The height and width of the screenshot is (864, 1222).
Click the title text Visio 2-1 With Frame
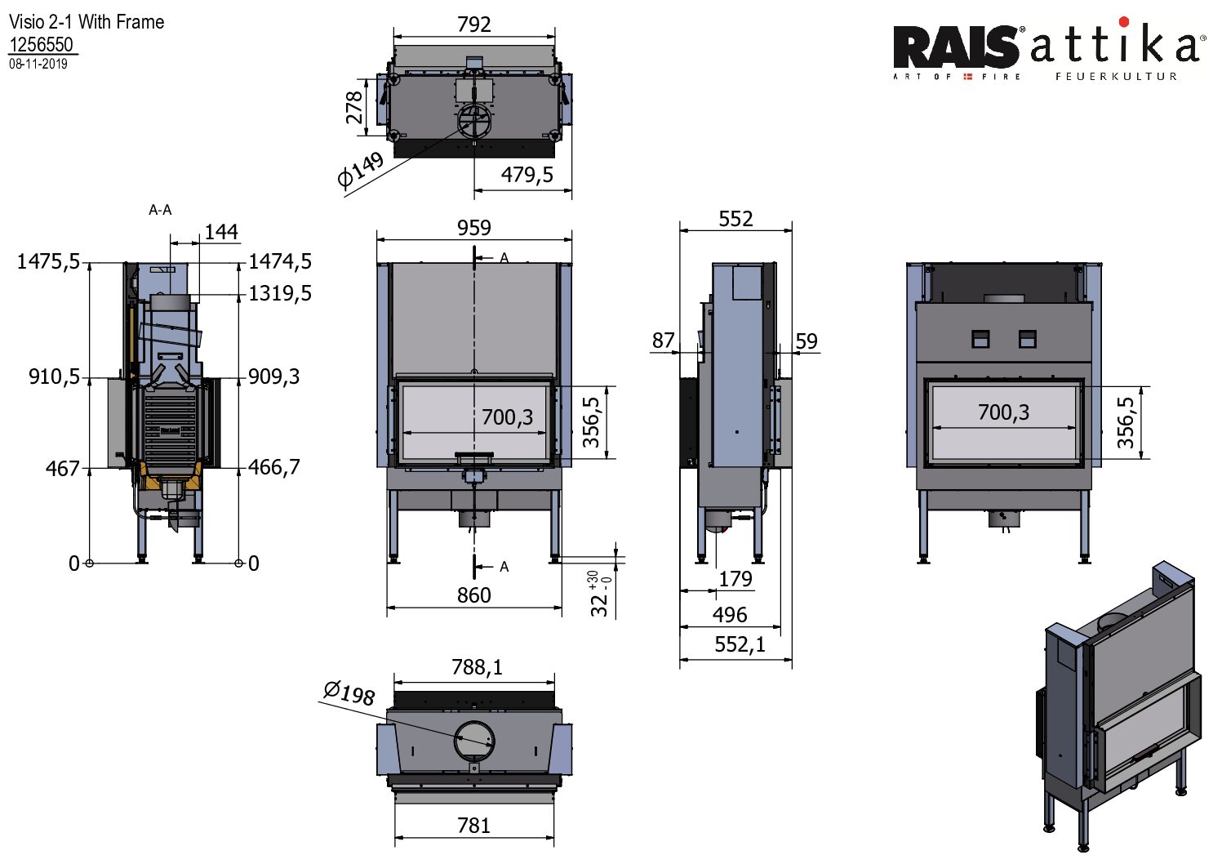click(87, 22)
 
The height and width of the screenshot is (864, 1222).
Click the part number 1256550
click(41, 45)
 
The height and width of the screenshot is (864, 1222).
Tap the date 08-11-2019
click(38, 64)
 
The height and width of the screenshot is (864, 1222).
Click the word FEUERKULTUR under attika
click(1116, 77)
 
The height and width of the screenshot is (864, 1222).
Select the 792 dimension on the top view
click(474, 24)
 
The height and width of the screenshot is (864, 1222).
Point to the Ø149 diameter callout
click(360, 169)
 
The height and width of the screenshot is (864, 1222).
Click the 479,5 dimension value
click(527, 175)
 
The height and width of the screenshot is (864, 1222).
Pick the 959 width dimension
click(474, 228)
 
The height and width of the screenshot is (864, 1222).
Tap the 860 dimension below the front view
click(474, 595)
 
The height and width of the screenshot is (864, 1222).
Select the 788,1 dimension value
click(477, 668)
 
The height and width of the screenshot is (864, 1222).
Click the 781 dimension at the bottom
click(474, 826)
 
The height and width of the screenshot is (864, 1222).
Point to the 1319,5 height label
click(280, 293)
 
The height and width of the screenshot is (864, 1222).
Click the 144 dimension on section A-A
click(221, 233)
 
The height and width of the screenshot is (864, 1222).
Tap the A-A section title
click(160, 211)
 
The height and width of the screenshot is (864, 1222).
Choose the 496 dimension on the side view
click(729, 615)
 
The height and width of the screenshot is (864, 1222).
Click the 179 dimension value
click(735, 579)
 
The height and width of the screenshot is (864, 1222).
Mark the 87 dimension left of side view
click(664, 341)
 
